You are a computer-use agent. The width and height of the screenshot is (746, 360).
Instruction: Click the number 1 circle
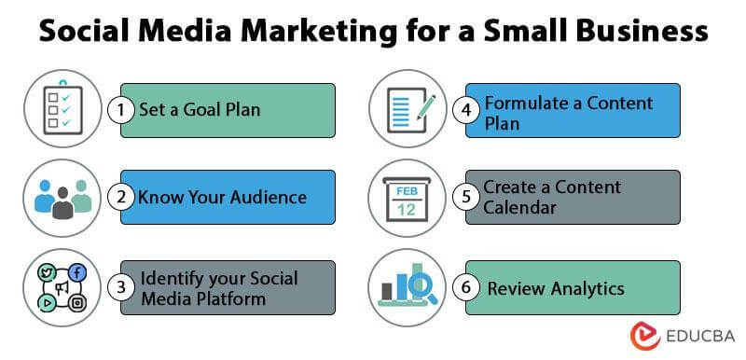(120, 110)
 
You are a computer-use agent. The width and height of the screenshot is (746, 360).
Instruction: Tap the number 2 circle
(120, 197)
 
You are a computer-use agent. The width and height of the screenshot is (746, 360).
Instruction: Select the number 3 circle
(120, 287)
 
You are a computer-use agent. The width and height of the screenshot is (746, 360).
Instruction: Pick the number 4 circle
(467, 110)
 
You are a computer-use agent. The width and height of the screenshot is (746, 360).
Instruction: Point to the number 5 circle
(467, 197)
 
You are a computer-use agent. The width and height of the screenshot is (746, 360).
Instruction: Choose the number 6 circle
(467, 287)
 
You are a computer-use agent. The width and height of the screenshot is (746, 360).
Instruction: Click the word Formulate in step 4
(529, 102)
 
